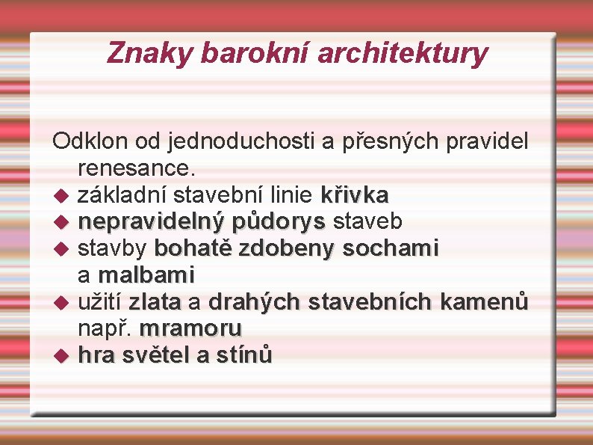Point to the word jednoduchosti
(242, 141)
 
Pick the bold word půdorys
(279, 221)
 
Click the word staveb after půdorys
(367, 221)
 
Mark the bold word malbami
(146, 274)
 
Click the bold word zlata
(155, 301)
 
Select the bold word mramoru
(190, 328)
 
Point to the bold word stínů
(243, 355)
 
